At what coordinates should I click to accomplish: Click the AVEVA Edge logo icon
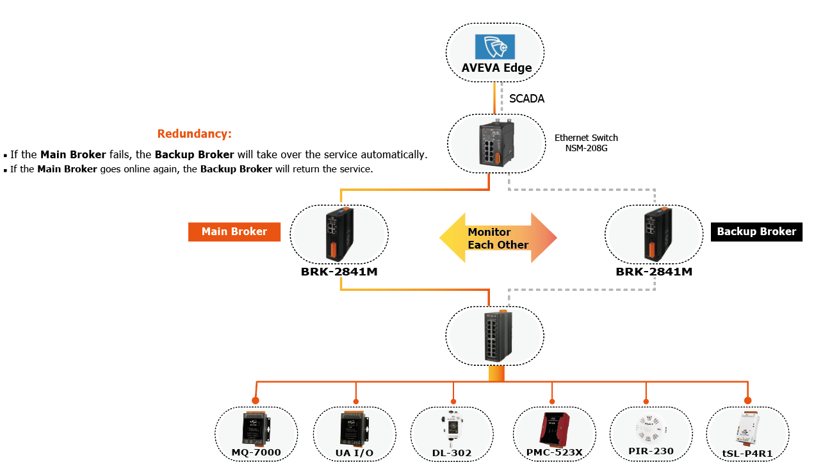click(x=494, y=47)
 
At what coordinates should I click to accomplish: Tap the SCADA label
click(x=526, y=99)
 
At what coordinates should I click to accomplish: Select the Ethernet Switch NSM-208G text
click(x=586, y=143)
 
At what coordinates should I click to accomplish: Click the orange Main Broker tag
click(x=234, y=232)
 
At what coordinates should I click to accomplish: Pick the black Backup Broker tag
click(x=756, y=232)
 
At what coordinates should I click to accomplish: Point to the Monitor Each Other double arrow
click(x=498, y=238)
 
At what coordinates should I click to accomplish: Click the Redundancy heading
click(x=194, y=134)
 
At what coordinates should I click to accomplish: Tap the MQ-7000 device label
click(x=256, y=453)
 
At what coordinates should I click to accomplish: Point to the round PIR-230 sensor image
click(x=650, y=425)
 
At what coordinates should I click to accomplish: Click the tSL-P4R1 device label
click(x=747, y=453)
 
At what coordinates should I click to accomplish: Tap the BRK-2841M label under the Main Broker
click(x=339, y=272)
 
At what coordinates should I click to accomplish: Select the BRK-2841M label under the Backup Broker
click(x=654, y=272)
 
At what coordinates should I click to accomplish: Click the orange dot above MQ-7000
click(x=256, y=400)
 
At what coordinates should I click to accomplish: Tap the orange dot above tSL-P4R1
click(x=747, y=400)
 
